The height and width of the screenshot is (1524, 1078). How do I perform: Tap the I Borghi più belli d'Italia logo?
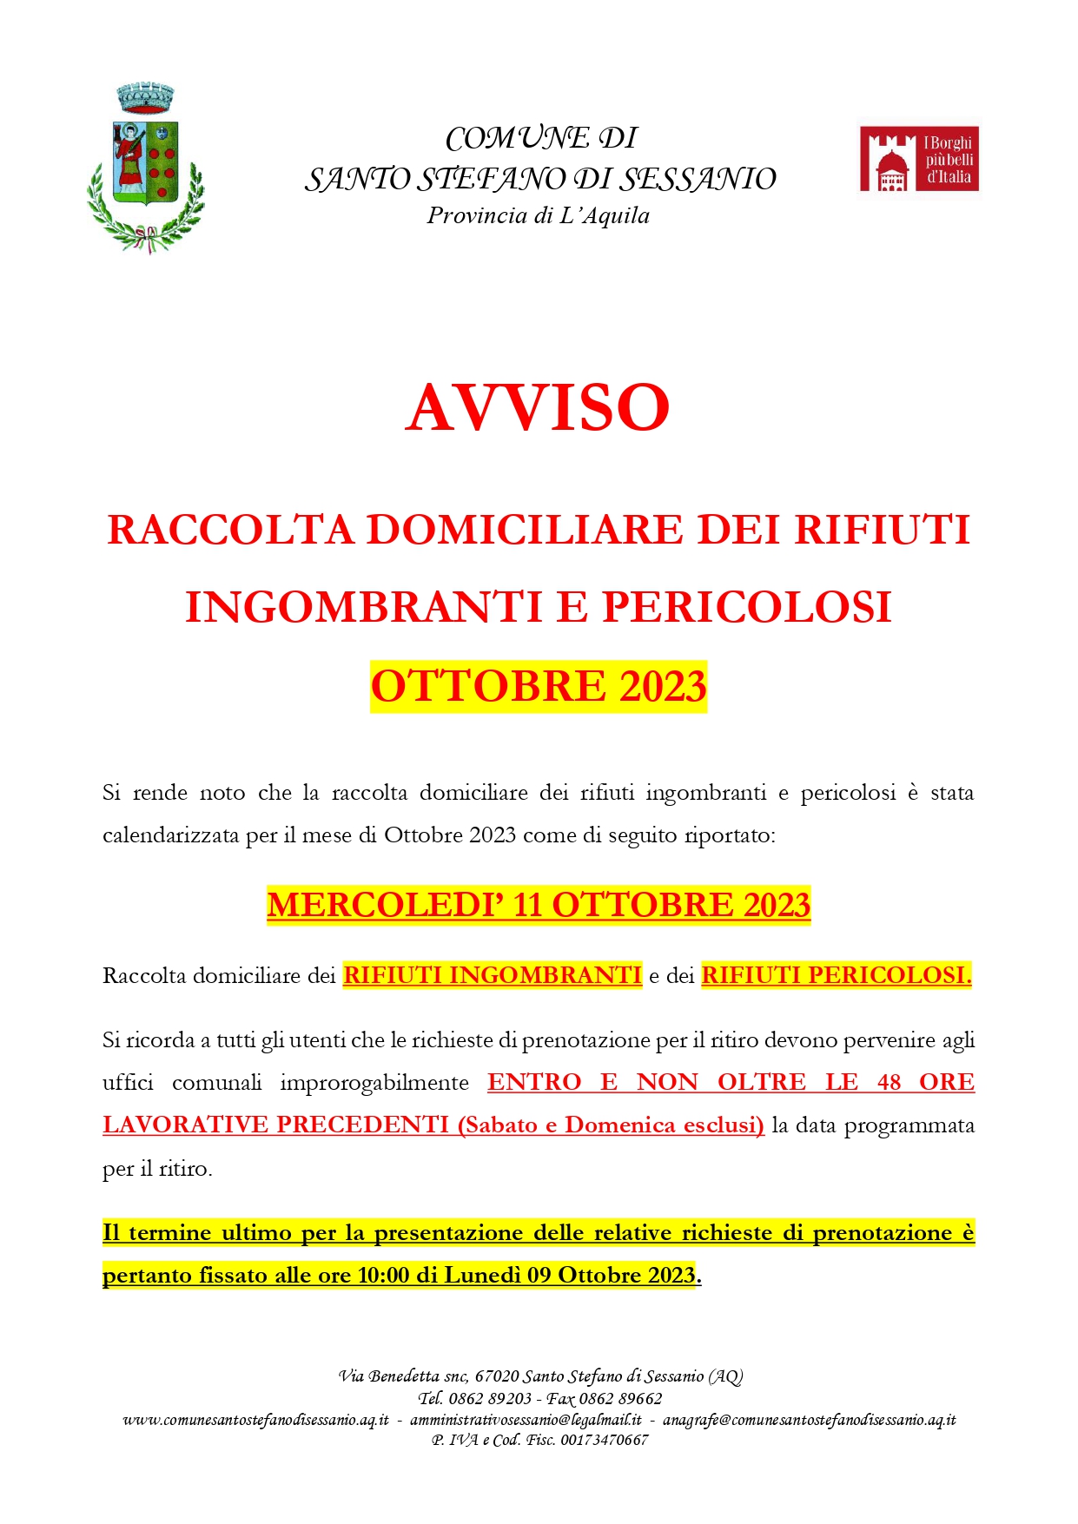919,160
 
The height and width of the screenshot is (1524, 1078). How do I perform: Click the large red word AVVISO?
538,407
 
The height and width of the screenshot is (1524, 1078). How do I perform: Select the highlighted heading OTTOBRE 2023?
539,687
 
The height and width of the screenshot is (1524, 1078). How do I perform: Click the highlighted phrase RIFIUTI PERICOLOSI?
836,975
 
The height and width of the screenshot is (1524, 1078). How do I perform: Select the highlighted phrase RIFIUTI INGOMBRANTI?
493,975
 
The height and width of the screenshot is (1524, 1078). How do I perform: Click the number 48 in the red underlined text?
889,1082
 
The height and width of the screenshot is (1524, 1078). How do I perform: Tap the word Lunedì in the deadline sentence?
482,1276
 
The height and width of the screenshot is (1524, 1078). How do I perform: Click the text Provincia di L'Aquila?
538,215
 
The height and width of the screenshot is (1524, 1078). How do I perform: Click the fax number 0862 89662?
620,1399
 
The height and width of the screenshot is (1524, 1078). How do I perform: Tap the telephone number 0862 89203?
490,1399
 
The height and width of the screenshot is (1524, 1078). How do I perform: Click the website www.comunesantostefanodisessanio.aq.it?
256,1420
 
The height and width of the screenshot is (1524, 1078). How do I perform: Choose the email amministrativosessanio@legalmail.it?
526,1420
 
